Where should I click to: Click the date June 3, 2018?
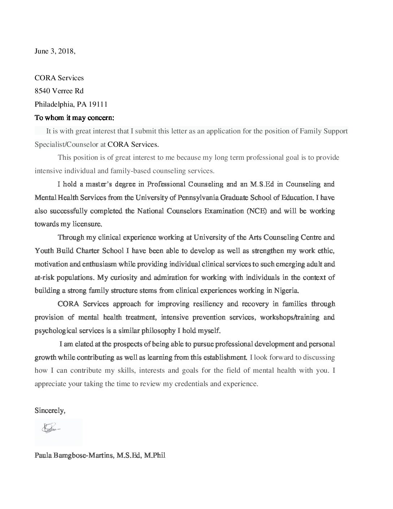click(55, 51)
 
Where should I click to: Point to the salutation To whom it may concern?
click(74, 118)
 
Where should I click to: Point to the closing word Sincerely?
click(50, 411)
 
